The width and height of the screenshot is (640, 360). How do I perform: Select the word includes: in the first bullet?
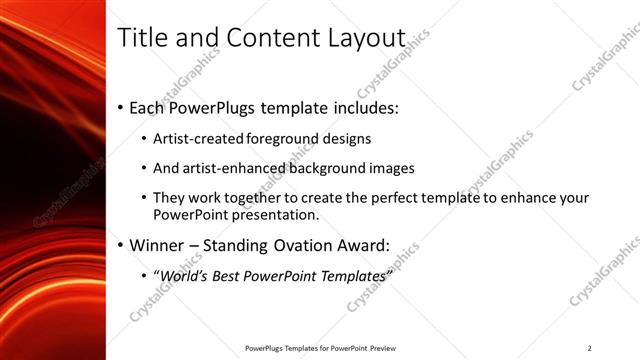pyautogui.click(x=375, y=107)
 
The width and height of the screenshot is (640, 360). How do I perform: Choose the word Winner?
pyautogui.click(x=158, y=245)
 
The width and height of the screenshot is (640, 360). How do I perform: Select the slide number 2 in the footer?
pyautogui.click(x=590, y=348)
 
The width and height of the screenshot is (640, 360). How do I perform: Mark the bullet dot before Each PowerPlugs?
pyautogui.click(x=121, y=107)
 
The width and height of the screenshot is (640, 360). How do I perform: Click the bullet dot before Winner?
pyautogui.click(x=121, y=245)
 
